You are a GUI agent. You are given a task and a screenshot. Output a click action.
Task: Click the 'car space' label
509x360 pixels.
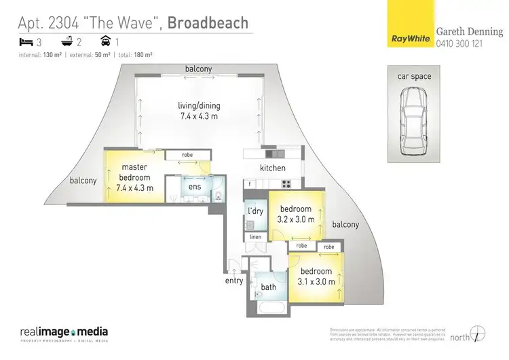(x=414, y=76)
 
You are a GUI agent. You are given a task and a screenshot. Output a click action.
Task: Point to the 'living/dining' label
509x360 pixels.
(x=199, y=105)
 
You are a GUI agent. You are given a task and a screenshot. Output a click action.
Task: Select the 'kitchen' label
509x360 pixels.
(x=273, y=168)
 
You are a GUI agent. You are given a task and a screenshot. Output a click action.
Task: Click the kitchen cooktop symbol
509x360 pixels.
(x=286, y=183)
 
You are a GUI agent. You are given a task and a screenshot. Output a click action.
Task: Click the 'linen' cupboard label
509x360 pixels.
(x=255, y=237)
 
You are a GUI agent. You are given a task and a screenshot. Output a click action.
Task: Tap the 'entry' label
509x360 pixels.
(x=234, y=281)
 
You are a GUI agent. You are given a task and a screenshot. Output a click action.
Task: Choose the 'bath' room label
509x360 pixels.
(x=268, y=287)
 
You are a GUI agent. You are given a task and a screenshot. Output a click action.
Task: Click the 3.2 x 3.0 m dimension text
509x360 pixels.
(x=296, y=219)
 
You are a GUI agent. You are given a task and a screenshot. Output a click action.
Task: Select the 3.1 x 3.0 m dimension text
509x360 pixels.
(x=316, y=281)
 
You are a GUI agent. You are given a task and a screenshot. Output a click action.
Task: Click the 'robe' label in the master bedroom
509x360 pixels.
(x=187, y=155)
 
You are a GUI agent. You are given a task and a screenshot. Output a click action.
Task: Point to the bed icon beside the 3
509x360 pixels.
(x=26, y=42)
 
